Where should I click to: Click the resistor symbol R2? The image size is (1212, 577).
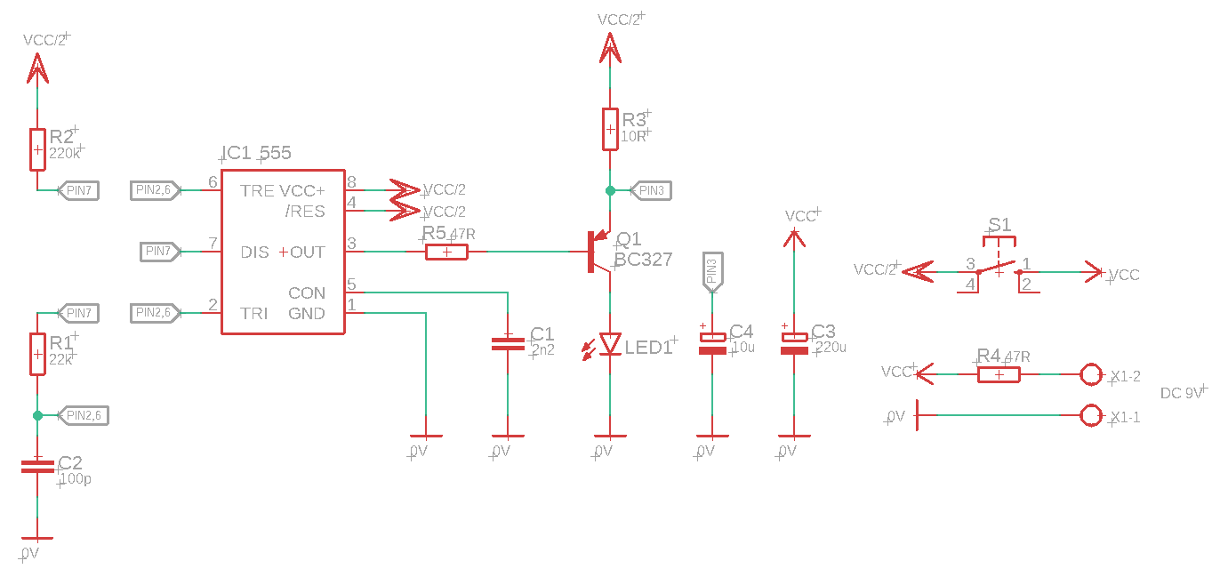[37, 149]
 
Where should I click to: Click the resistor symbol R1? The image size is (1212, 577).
[37, 354]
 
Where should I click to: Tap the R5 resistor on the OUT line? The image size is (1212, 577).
[447, 252]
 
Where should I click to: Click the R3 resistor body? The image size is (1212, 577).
[610, 129]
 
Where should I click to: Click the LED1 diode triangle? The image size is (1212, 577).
[610, 343]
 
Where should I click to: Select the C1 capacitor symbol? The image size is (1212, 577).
[508, 343]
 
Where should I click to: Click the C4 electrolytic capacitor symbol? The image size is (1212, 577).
[712, 343]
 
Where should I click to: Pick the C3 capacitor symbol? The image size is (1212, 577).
[794, 343]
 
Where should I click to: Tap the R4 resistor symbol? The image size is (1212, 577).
[999, 374]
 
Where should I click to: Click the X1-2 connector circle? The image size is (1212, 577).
[1091, 374]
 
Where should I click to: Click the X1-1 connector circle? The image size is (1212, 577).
[1091, 414]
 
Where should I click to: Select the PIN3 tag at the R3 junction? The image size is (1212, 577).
[651, 190]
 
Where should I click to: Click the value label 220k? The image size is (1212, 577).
[64, 153]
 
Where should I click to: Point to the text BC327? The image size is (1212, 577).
[643, 260]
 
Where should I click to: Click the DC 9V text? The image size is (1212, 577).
[1181, 393]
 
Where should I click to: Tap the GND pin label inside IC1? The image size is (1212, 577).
[306, 314]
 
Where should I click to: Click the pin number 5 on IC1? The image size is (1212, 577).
[351, 284]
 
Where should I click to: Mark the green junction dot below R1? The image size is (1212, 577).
[37, 415]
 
